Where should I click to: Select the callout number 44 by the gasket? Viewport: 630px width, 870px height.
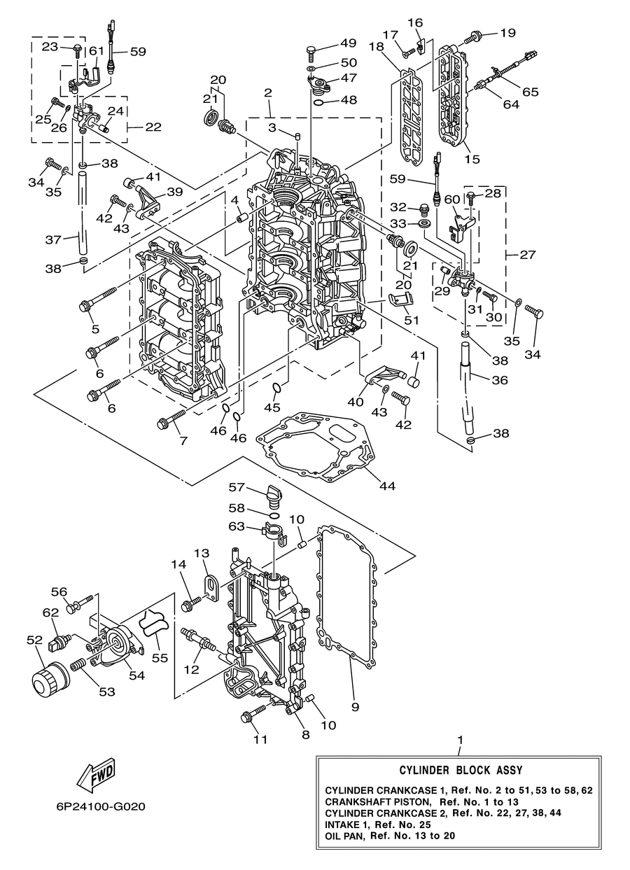387,486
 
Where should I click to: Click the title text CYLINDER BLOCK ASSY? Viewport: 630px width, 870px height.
461,771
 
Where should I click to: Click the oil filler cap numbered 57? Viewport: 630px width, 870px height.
274,496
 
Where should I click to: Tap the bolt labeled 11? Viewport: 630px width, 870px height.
254,714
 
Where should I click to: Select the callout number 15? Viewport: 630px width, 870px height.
472,160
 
